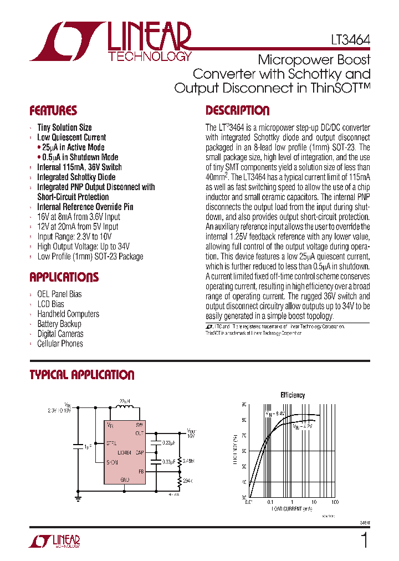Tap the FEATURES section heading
click(53, 110)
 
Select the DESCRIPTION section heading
click(237, 110)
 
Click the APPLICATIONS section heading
click(64, 277)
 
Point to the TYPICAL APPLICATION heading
click(81, 375)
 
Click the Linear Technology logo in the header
click(111, 42)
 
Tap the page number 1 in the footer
click(364, 540)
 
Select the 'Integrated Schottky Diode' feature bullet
click(76, 177)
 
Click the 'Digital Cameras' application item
click(60, 334)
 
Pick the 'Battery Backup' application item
click(59, 324)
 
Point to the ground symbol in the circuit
click(78, 498)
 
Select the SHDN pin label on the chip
click(112, 462)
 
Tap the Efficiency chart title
click(292, 395)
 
